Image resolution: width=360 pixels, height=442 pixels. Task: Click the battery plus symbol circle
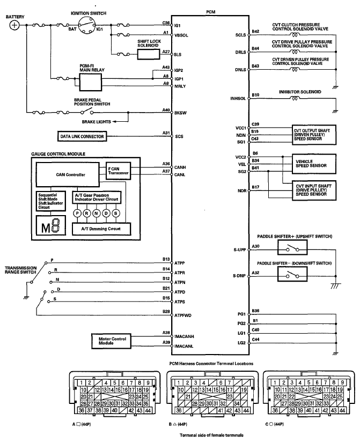coord(14,25)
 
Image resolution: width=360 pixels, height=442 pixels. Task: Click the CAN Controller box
coord(68,174)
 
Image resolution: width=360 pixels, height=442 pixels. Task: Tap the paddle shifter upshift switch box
coord(292,247)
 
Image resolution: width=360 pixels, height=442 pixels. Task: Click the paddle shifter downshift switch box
coord(292,275)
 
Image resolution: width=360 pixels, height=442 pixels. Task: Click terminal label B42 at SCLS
coord(255,32)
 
